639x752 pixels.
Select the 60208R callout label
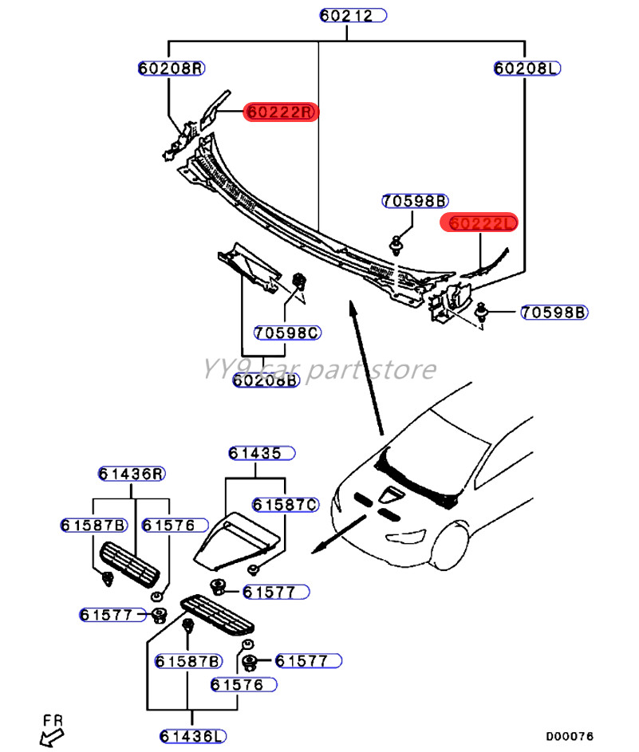[172, 68]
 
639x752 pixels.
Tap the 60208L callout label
[527, 68]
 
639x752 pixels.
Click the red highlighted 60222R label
[281, 112]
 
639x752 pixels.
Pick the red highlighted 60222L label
[479, 222]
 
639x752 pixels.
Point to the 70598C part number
[287, 333]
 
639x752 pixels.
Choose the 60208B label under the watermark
[266, 380]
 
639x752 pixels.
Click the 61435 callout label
[262, 453]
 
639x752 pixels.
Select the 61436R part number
[132, 474]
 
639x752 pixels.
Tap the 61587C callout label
[286, 505]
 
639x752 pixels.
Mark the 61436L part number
[193, 736]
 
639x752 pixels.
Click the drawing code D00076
[570, 736]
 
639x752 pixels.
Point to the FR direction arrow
[51, 738]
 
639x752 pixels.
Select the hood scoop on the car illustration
[392, 495]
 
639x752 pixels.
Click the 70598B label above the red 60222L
[415, 201]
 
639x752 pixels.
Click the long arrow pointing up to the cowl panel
[366, 368]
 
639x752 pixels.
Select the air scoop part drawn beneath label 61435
[236, 541]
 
